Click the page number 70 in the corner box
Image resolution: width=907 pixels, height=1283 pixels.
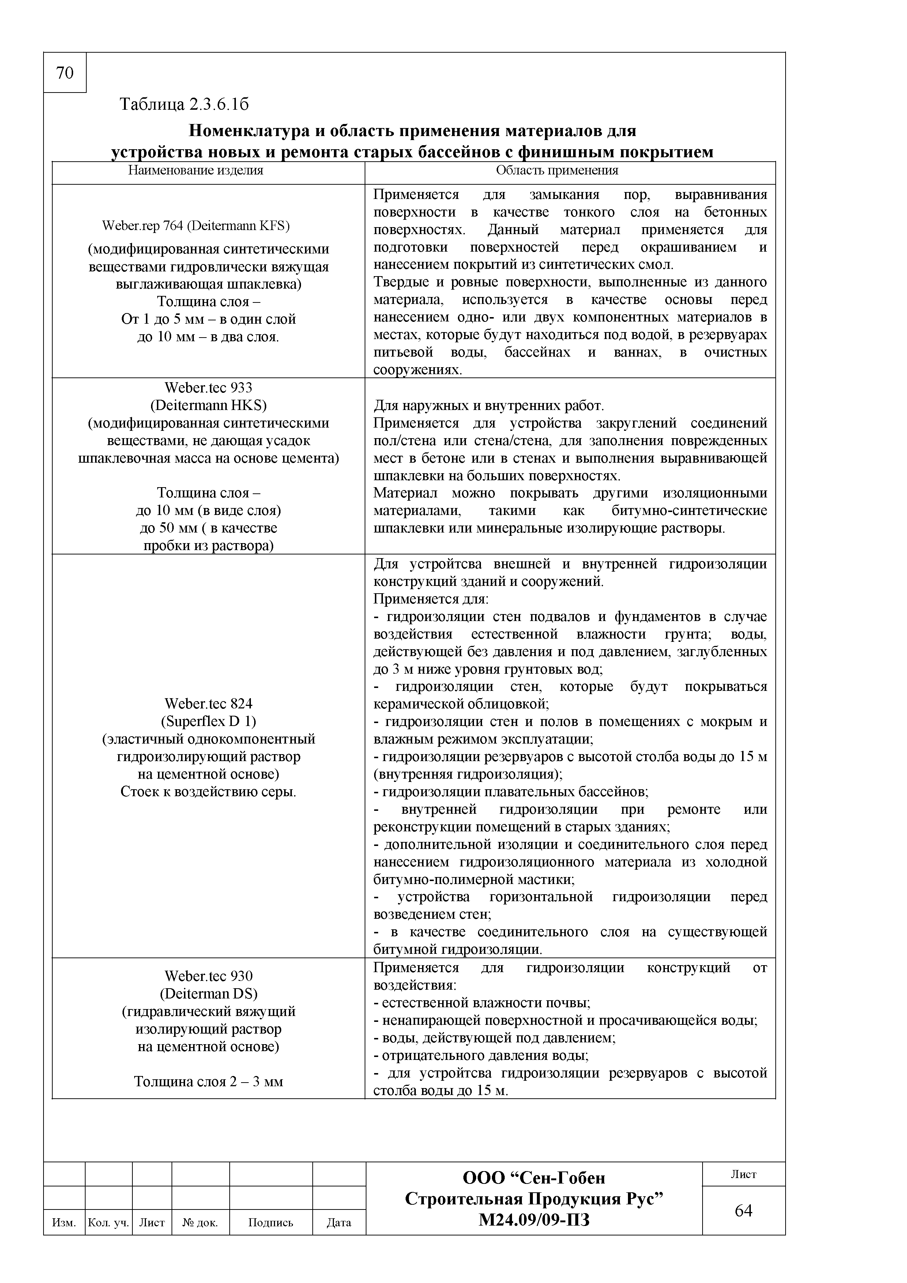pos(65,73)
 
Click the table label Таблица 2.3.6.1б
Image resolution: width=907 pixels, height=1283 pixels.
pos(184,105)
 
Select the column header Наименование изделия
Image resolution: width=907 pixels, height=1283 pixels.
pos(196,170)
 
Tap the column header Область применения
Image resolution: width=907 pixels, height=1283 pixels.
pos(557,170)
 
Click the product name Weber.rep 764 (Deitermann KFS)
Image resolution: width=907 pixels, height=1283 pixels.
pos(196,226)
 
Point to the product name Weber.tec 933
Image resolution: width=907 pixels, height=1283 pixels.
pos(208,387)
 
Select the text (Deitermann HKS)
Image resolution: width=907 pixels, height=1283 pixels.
pos(208,405)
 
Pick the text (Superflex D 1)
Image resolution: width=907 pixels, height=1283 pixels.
pos(208,721)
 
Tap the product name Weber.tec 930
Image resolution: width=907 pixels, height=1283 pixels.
pos(208,976)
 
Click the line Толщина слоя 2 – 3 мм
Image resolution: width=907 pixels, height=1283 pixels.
pos(208,1082)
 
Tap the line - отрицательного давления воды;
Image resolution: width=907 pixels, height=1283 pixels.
pos(481,1056)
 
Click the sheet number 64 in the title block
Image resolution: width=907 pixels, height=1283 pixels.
pos(743,1210)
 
